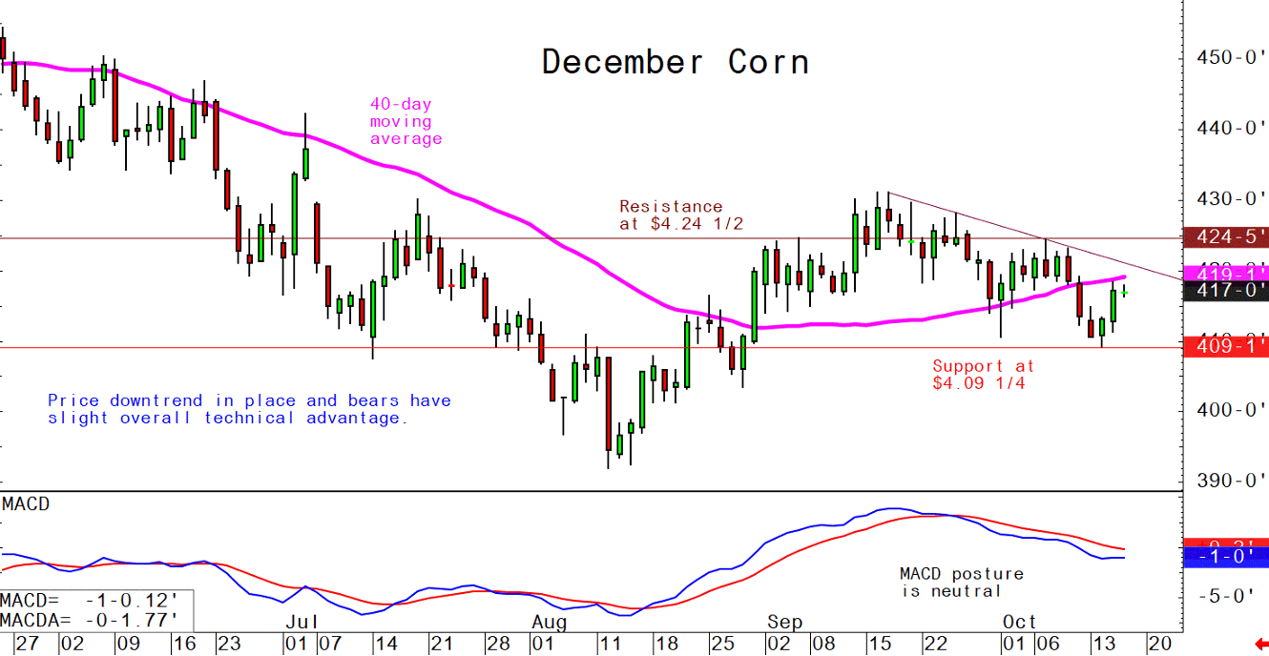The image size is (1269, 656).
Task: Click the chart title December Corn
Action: click(676, 62)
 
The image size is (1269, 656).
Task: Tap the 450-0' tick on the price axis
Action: click(1232, 57)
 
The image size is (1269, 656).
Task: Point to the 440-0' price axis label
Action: click(1232, 128)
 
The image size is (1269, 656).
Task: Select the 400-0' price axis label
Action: click(1232, 410)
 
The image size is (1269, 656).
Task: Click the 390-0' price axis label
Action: click(1232, 480)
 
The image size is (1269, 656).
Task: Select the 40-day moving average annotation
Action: click(406, 122)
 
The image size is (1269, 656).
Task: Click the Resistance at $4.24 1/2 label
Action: click(680, 215)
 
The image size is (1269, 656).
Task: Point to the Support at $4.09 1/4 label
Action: click(983, 375)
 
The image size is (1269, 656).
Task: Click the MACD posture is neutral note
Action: click(961, 583)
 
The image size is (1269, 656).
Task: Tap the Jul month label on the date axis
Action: click(301, 622)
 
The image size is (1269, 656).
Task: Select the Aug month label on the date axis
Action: click(549, 622)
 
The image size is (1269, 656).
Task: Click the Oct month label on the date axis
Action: click(1019, 622)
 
